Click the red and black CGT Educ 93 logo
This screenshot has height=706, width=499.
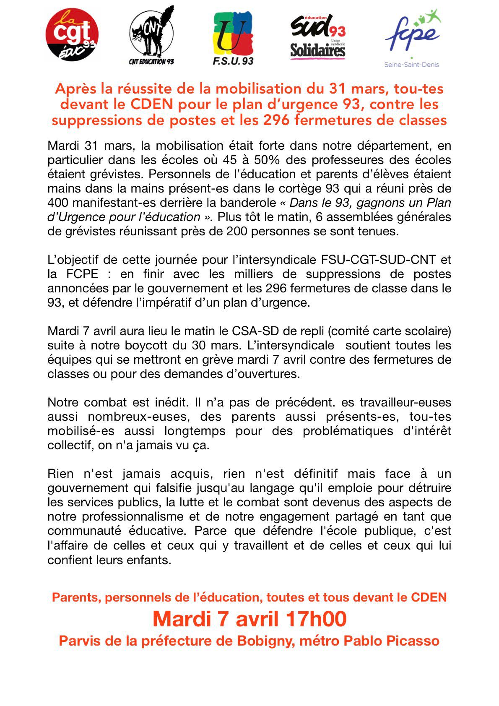[x=72, y=34]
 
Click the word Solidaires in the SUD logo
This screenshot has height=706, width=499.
[x=317, y=50]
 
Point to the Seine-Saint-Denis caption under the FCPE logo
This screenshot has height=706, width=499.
[x=411, y=65]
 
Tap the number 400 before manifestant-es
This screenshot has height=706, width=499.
[x=58, y=203]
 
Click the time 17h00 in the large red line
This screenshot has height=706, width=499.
[x=316, y=619]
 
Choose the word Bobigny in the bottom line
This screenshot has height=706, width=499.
[x=265, y=641]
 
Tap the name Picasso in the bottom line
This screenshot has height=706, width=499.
[x=413, y=641]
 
